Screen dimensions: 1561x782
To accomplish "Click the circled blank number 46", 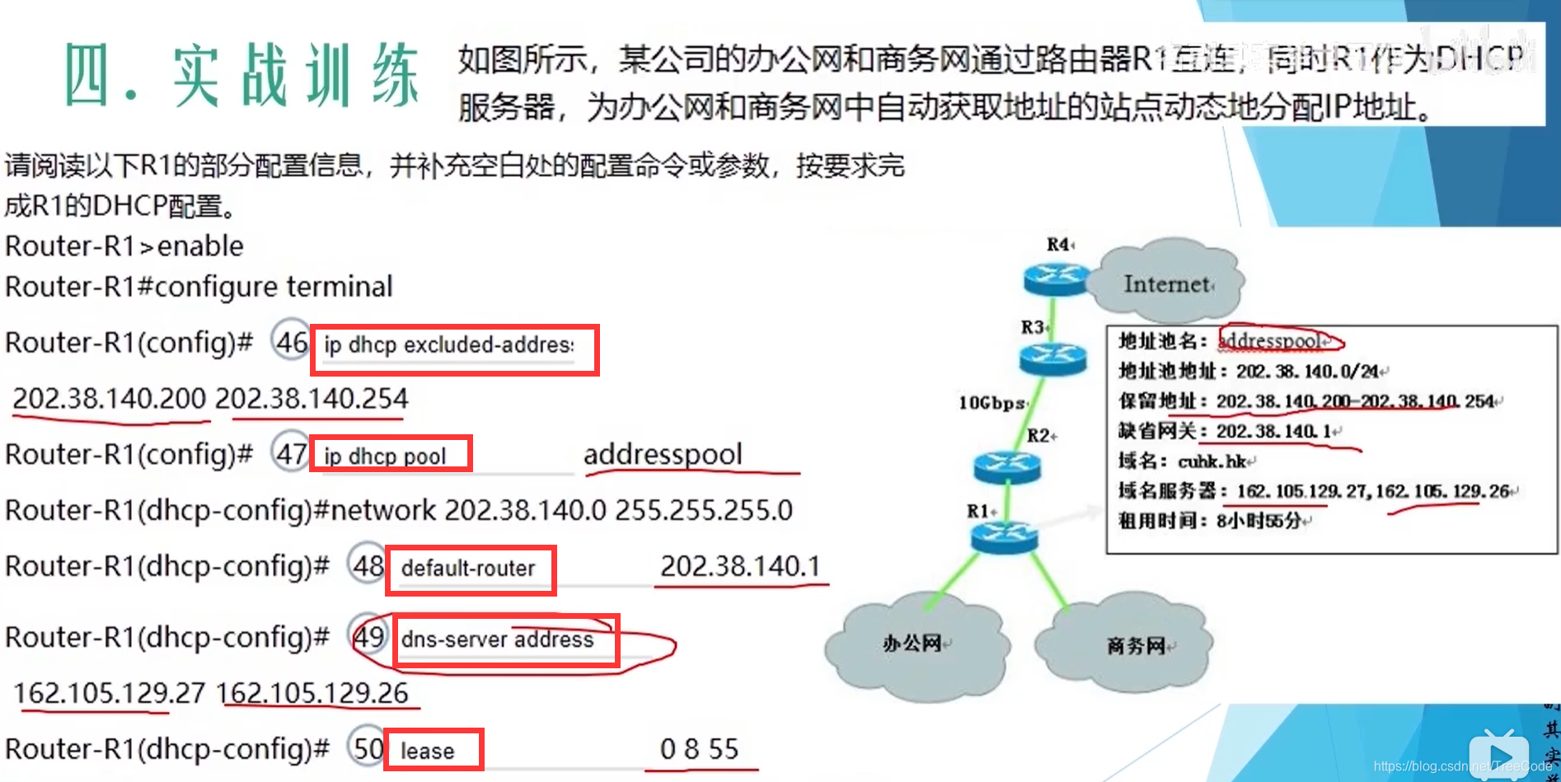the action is pos(291,341).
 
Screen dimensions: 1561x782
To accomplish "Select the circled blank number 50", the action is pos(367,748).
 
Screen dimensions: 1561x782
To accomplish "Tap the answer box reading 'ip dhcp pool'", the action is pos(391,454).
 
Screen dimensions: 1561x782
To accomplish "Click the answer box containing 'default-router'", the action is pos(471,569).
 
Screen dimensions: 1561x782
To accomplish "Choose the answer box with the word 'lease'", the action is pos(433,750).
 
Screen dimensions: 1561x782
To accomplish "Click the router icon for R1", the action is pos(1004,536).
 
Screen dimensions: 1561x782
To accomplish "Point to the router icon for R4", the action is pos(1056,278).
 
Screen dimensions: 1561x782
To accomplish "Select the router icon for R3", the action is pos(1052,358).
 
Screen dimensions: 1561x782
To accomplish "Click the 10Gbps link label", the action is pos(991,403).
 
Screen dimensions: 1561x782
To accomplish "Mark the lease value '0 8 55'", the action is pos(699,749).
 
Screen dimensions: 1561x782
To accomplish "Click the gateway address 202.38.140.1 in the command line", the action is pos(739,566).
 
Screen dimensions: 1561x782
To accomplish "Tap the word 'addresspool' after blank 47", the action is pos(663,454).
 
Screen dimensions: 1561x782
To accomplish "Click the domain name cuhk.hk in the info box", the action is pos(1212,461).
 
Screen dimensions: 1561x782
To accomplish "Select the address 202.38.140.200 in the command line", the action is pos(109,399).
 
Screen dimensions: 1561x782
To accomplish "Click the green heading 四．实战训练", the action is pos(241,76).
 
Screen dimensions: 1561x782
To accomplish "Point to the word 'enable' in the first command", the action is pos(200,246).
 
